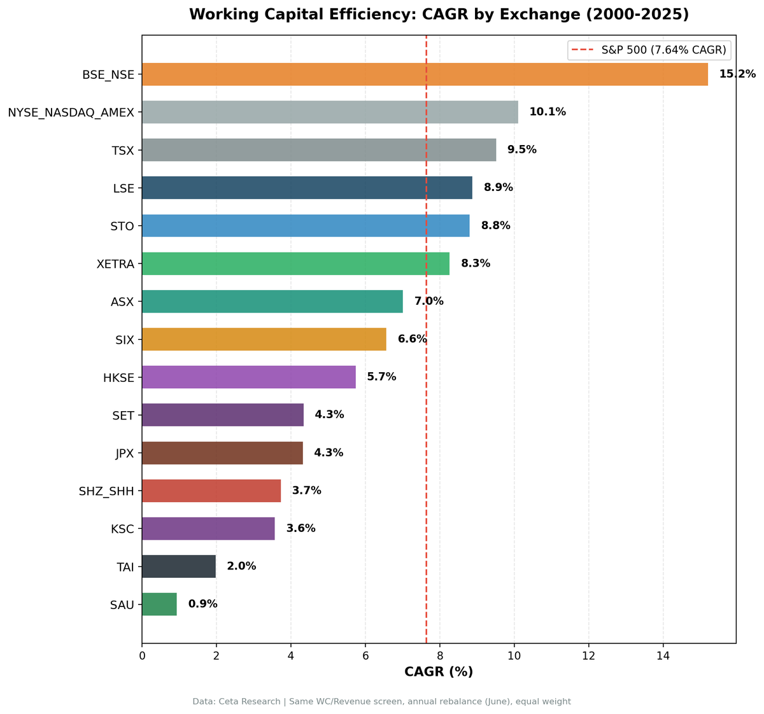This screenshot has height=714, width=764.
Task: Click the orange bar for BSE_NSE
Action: click(x=425, y=74)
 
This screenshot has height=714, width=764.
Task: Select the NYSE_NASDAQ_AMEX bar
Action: click(x=330, y=112)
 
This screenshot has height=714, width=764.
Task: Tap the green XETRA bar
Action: click(x=295, y=263)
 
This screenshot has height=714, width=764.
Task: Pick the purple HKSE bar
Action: click(x=248, y=377)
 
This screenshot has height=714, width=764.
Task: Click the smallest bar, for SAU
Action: click(x=159, y=604)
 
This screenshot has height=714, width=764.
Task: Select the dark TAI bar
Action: click(x=179, y=566)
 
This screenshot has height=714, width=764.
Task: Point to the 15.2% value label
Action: click(x=737, y=74)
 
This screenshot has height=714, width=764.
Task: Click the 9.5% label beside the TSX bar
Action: click(x=521, y=150)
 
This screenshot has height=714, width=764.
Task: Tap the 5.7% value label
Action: click(x=381, y=377)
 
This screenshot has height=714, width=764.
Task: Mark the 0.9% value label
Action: click(x=202, y=604)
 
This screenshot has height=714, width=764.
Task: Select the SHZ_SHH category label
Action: click(x=106, y=491)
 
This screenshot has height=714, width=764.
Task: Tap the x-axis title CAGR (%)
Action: click(x=439, y=672)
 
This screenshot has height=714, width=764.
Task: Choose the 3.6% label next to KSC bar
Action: click(x=301, y=528)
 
